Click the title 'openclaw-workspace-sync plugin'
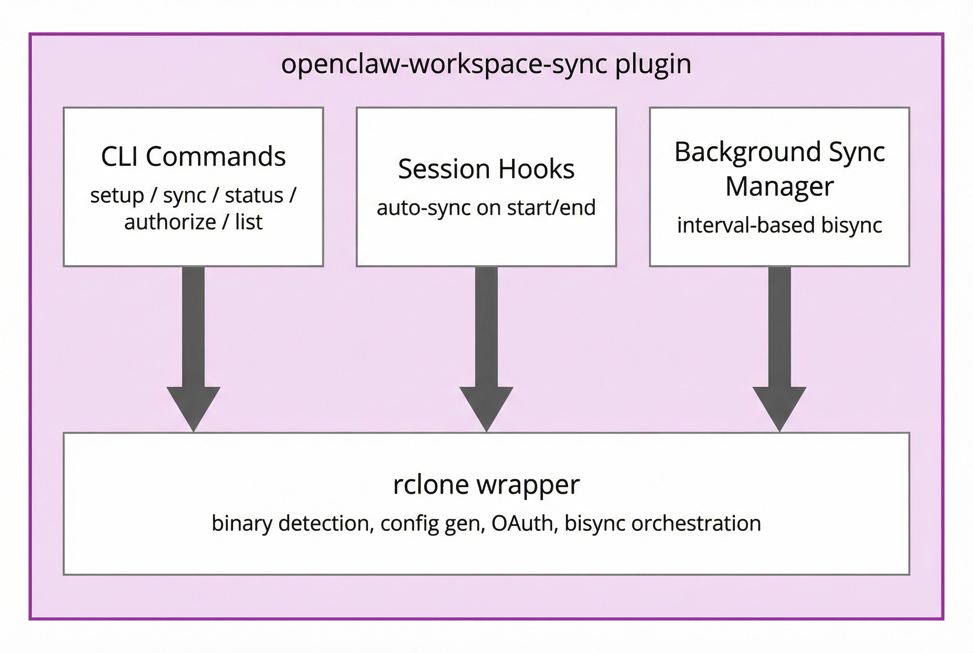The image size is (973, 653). (486, 65)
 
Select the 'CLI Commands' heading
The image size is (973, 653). (193, 157)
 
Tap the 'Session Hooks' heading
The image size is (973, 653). (486, 169)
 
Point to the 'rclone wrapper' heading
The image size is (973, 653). (486, 485)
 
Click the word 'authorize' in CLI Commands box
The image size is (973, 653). (170, 222)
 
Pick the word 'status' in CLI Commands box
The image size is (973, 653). (254, 195)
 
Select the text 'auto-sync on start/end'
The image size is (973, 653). (486, 208)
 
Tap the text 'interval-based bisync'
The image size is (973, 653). (779, 225)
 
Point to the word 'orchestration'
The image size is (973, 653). (696, 524)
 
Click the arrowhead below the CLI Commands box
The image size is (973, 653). (193, 406)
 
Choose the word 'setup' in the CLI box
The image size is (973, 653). (117, 196)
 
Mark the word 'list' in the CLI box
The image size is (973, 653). (249, 222)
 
